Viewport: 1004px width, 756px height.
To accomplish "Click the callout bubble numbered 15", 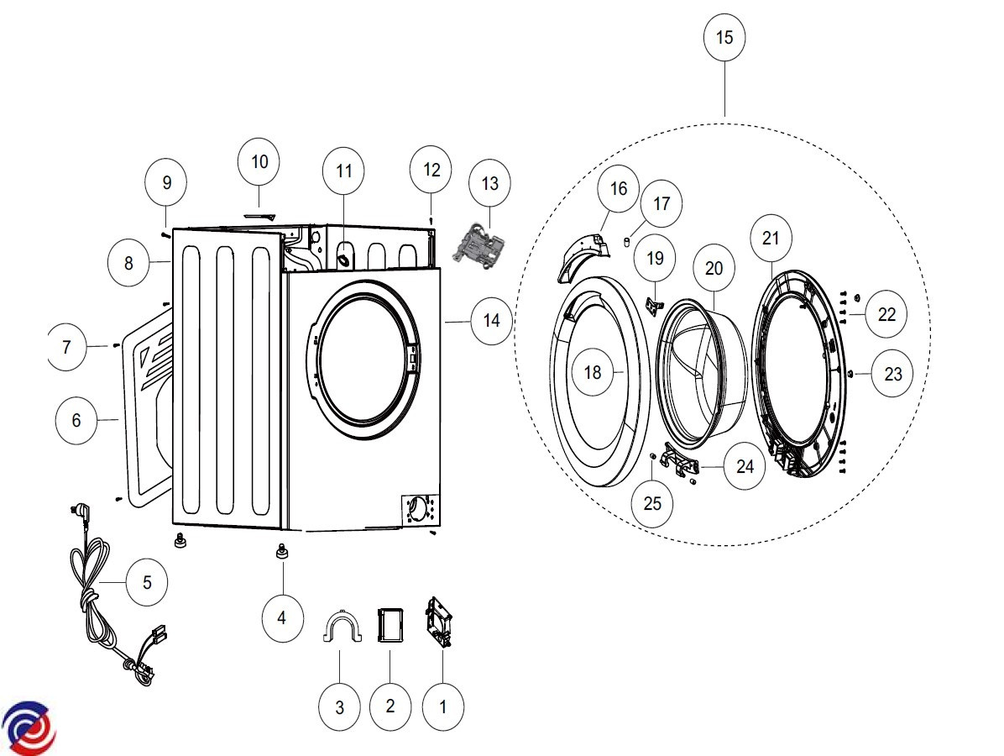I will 724,38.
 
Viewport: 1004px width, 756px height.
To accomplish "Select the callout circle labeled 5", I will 147,581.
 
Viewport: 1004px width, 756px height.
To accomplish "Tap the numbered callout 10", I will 259,161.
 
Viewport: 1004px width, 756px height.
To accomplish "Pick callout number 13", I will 489,183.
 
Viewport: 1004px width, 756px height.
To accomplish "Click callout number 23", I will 892,373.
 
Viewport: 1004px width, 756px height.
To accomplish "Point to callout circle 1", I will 442,706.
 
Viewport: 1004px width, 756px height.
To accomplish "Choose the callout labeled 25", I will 652,503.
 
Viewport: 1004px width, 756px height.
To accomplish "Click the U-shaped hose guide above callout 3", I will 343,627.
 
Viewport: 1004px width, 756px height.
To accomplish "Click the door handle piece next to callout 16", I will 585,254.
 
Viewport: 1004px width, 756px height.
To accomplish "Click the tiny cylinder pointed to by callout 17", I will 626,242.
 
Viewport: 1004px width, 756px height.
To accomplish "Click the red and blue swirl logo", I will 28,727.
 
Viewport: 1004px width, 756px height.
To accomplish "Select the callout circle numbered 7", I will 66,346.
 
